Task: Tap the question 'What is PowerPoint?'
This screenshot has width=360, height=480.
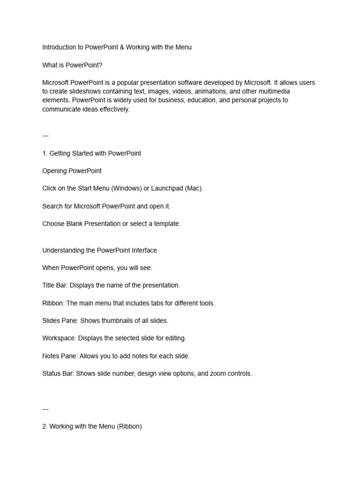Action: [x=72, y=65]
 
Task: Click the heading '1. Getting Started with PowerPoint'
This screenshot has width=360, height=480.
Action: [x=92, y=153]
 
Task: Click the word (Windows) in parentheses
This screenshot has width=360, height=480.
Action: [x=127, y=188]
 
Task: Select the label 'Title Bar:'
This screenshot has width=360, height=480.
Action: [x=55, y=285]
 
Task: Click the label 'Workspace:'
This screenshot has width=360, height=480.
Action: [x=59, y=338]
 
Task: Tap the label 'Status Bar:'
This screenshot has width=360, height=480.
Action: [x=58, y=374]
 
